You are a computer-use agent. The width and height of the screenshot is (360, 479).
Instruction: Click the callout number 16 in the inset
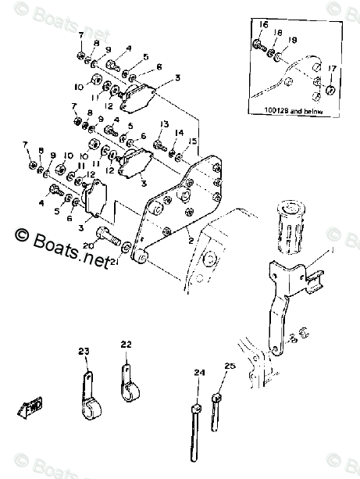click(262, 26)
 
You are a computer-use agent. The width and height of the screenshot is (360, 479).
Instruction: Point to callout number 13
click(164, 125)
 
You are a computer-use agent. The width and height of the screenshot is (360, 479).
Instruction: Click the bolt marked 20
click(107, 234)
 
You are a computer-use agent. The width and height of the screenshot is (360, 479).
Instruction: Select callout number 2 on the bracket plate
click(189, 241)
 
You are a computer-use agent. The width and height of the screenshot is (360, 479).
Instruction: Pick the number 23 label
click(84, 351)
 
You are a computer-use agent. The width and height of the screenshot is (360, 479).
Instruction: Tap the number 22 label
click(127, 343)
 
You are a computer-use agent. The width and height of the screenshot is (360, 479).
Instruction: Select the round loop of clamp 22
click(129, 388)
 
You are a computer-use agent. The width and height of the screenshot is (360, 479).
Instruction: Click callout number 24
click(198, 374)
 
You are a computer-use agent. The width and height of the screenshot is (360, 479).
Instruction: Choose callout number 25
click(229, 366)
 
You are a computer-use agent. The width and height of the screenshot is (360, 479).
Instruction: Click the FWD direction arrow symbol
click(30, 406)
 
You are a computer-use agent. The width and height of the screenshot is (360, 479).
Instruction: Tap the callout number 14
click(179, 132)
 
